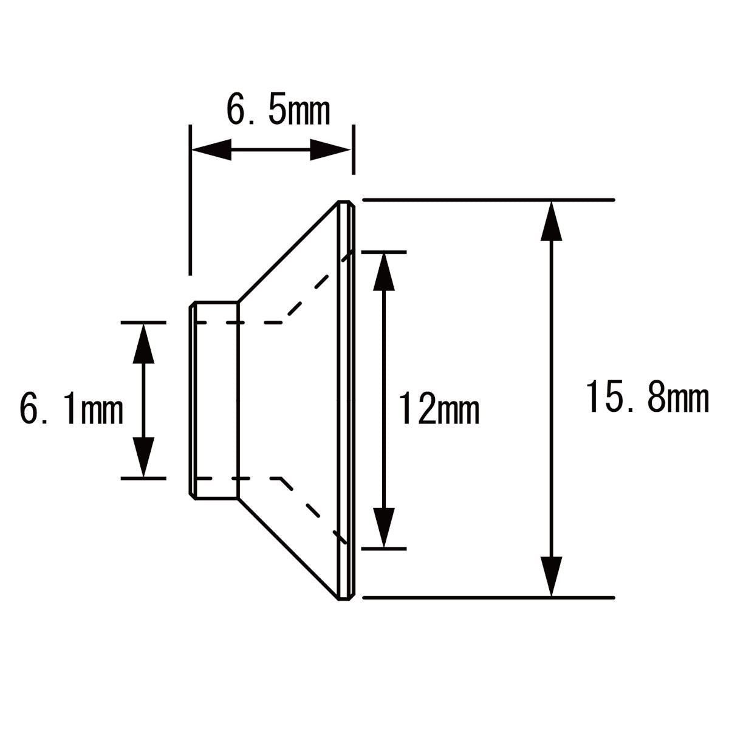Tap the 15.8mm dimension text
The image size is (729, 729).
tap(648, 399)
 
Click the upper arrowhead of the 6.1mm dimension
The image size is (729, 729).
tap(143, 343)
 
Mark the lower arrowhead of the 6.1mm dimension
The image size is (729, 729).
tap(143, 457)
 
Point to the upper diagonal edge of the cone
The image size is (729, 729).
tap(287, 252)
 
